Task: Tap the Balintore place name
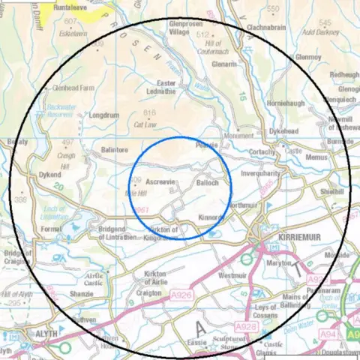[115, 151]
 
